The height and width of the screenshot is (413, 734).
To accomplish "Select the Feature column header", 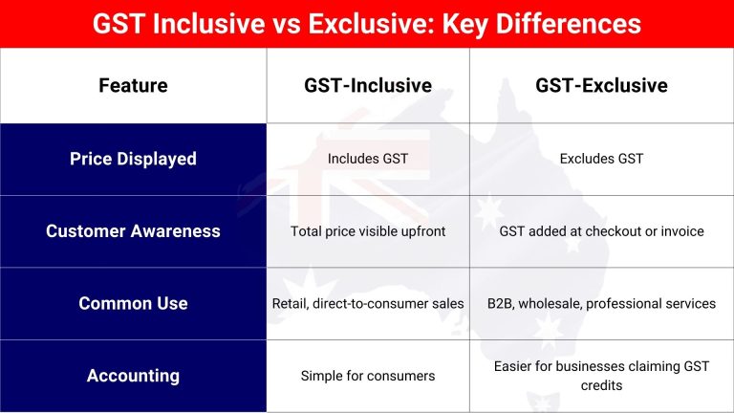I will coord(133,86).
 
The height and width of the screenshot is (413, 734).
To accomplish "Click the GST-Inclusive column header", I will coord(368,86).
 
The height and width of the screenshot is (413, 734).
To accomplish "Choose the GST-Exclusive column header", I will coord(601,86).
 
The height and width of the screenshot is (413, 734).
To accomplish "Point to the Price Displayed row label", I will coord(133,159).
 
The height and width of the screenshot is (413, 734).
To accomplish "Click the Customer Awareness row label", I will coord(133,231).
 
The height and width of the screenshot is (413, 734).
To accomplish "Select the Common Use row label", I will coord(133,303).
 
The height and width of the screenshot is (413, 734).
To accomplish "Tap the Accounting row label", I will coord(133,376).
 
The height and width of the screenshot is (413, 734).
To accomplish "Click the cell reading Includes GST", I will coord(368,159).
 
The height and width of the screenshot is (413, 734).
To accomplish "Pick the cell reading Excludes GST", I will coord(601,159).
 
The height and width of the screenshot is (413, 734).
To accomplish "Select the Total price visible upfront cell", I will coord(368,231).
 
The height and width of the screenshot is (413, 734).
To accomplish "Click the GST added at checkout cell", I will coord(601,231).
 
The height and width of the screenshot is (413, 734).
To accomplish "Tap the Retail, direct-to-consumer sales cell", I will coord(368,304).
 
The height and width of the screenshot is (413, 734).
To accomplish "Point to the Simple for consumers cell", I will coord(368,376).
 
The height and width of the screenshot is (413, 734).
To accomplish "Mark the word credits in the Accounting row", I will coord(601,385).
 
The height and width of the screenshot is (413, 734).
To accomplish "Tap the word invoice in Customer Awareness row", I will coord(680,231).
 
